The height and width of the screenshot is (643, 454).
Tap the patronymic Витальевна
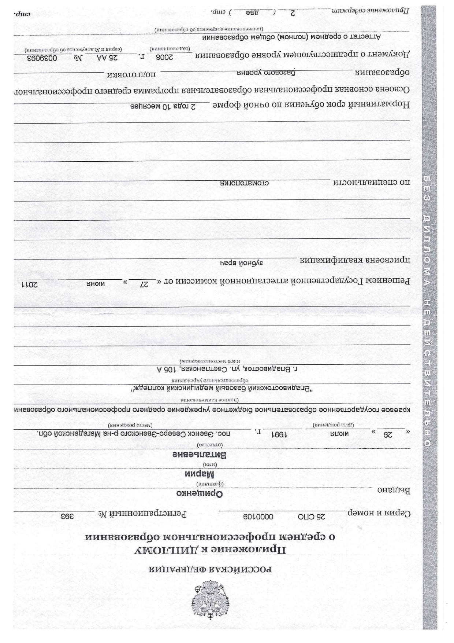click(200, 455)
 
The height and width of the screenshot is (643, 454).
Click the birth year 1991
click(279, 434)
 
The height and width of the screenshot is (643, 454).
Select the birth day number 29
click(387, 434)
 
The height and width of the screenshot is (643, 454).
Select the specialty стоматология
click(244, 182)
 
